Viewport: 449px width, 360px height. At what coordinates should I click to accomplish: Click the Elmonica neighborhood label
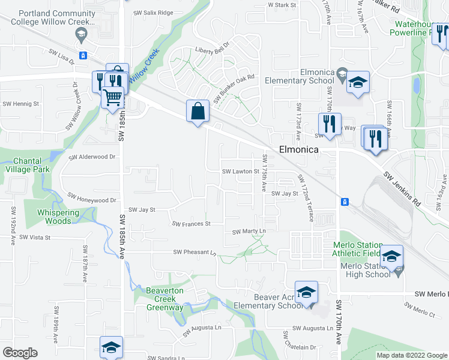pyautogui.click(x=298, y=151)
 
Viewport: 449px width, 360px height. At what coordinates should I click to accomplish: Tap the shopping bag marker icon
pyautogui.click(x=197, y=111)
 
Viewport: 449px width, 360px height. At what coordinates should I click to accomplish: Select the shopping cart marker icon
pyautogui.click(x=113, y=97)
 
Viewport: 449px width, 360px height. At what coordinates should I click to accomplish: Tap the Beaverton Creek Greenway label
pyautogui.click(x=165, y=299)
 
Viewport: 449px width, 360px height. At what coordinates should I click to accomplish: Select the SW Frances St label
pyautogui.click(x=191, y=224)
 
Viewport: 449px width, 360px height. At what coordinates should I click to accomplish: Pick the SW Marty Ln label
pyautogui.click(x=249, y=231)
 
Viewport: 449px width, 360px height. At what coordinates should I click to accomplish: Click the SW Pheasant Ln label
pyautogui.click(x=194, y=253)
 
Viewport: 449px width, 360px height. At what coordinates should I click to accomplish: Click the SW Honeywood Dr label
pyautogui.click(x=91, y=197)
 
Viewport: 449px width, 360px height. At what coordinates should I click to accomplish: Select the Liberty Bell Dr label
pyautogui.click(x=212, y=51)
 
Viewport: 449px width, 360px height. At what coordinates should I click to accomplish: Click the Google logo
pyautogui.click(x=20, y=353)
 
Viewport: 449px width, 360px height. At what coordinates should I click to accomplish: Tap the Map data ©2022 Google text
pyautogui.click(x=412, y=355)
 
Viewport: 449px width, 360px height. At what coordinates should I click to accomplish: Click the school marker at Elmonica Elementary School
pyautogui.click(x=358, y=82)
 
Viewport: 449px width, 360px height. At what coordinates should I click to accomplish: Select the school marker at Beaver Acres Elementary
pyautogui.click(x=306, y=292)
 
